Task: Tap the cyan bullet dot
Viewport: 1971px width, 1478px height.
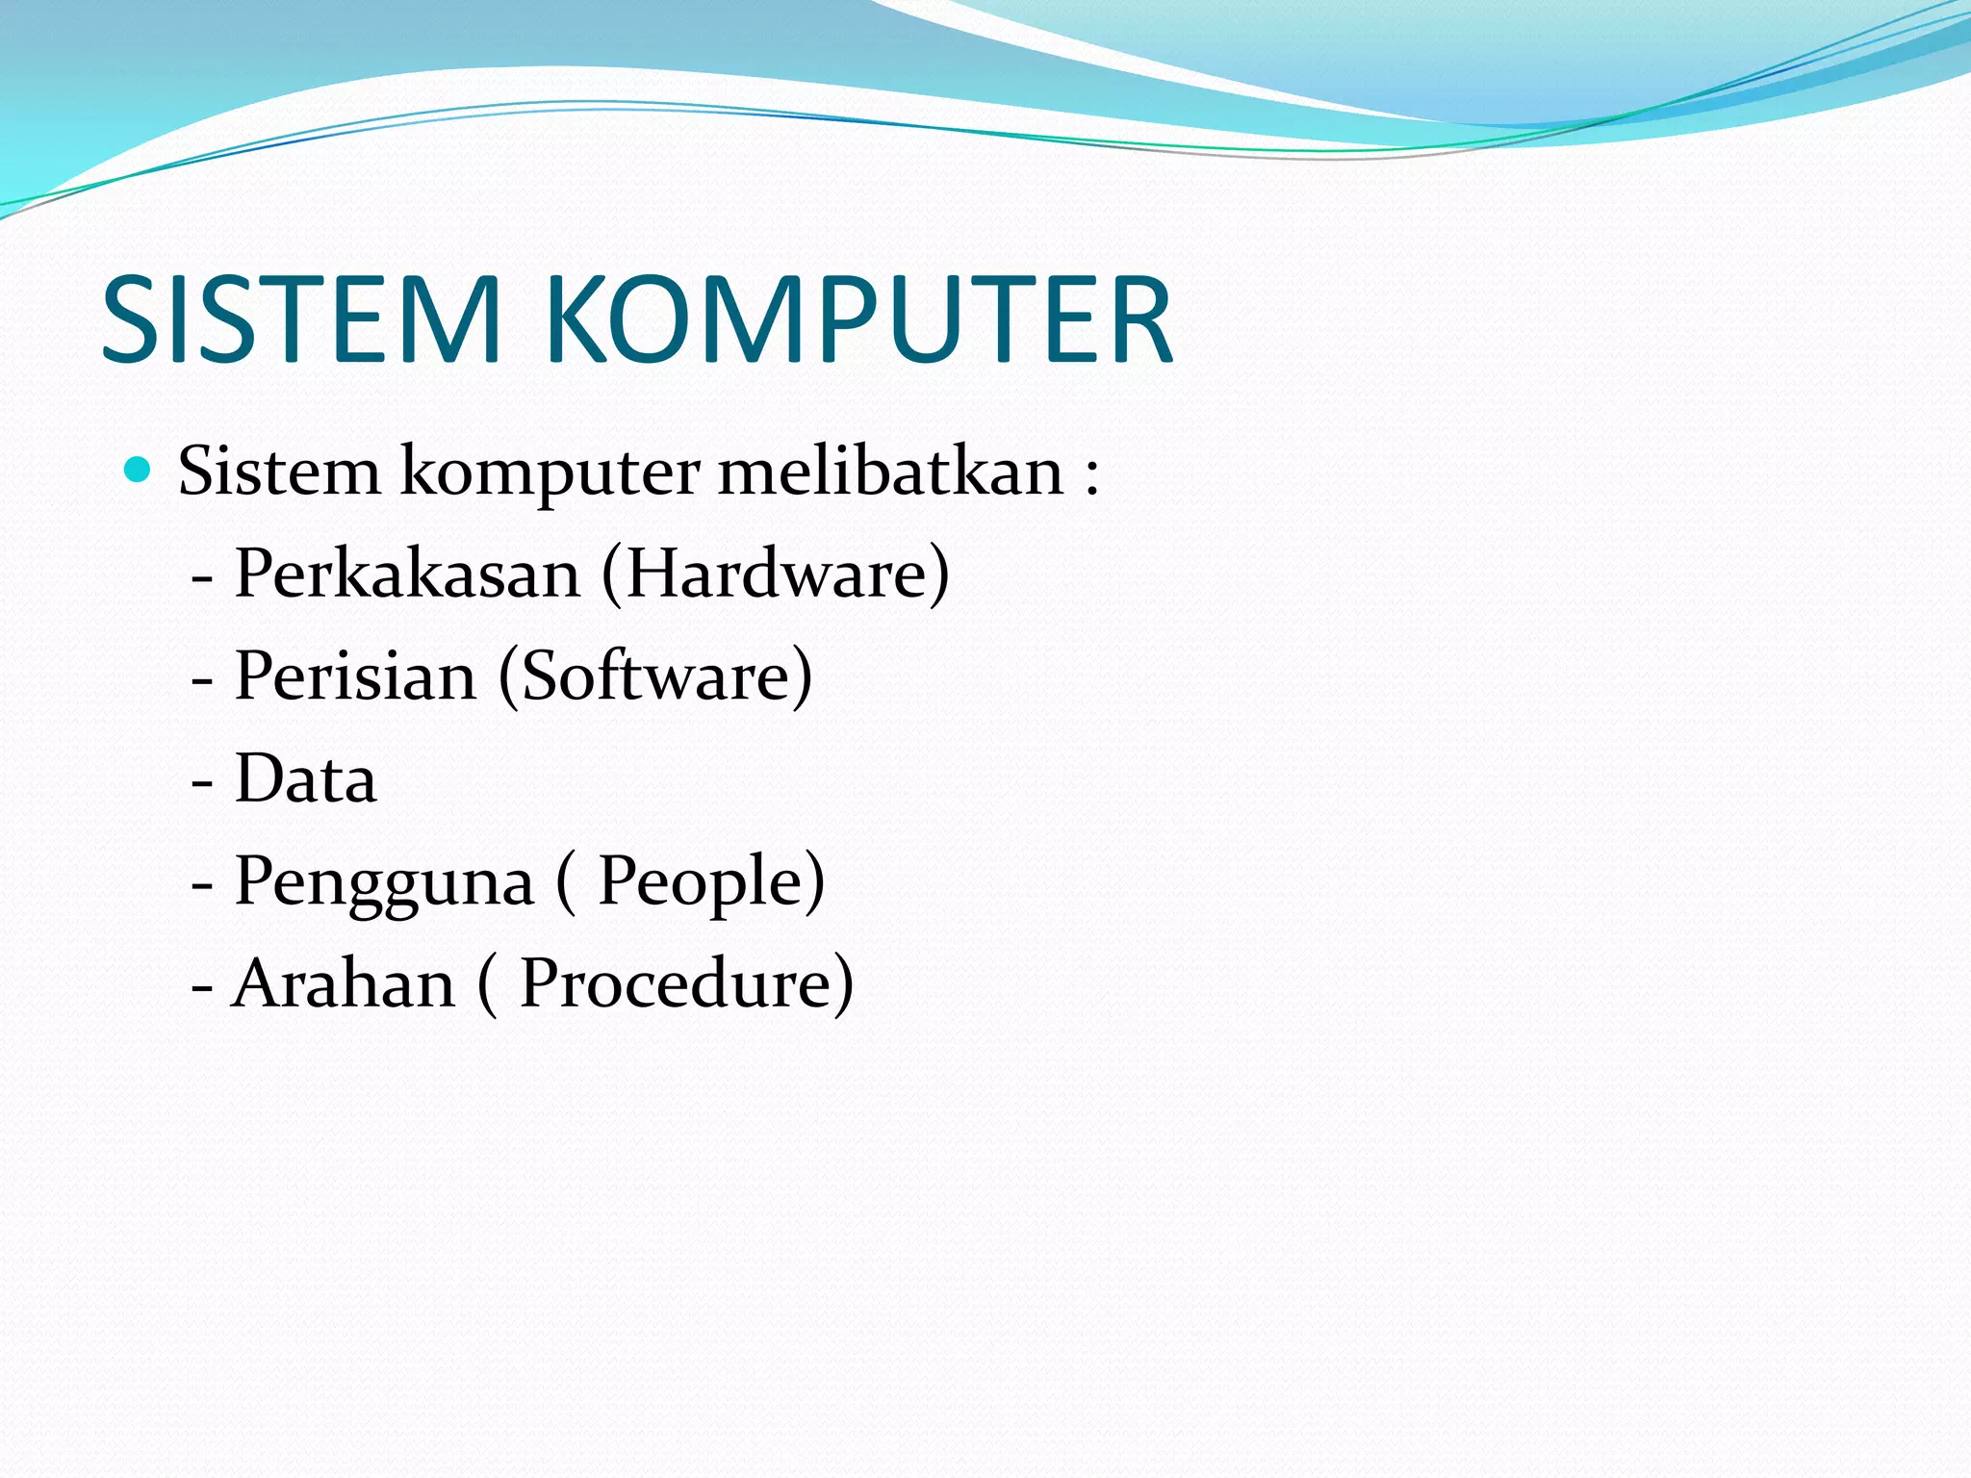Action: coord(139,470)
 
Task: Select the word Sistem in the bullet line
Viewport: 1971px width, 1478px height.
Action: coord(279,471)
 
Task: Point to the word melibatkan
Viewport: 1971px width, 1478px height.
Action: coord(890,471)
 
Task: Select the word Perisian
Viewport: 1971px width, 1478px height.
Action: coord(355,675)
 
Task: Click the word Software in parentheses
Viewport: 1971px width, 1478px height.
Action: coord(655,675)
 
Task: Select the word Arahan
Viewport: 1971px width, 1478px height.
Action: coord(344,983)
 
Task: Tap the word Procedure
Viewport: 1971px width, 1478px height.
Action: coord(676,983)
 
